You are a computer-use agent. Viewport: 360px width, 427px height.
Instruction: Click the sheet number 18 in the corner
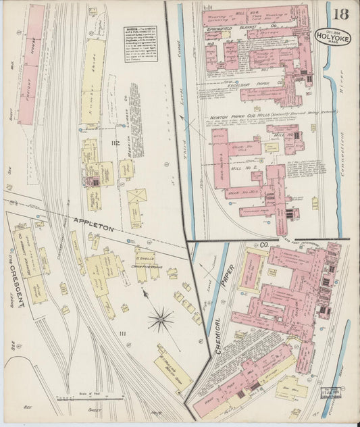click(x=340, y=14)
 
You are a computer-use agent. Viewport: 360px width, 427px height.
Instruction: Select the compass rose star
click(x=160, y=317)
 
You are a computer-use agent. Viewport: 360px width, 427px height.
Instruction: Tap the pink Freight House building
click(x=30, y=64)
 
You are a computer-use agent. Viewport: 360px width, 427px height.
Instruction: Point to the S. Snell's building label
click(x=147, y=257)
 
